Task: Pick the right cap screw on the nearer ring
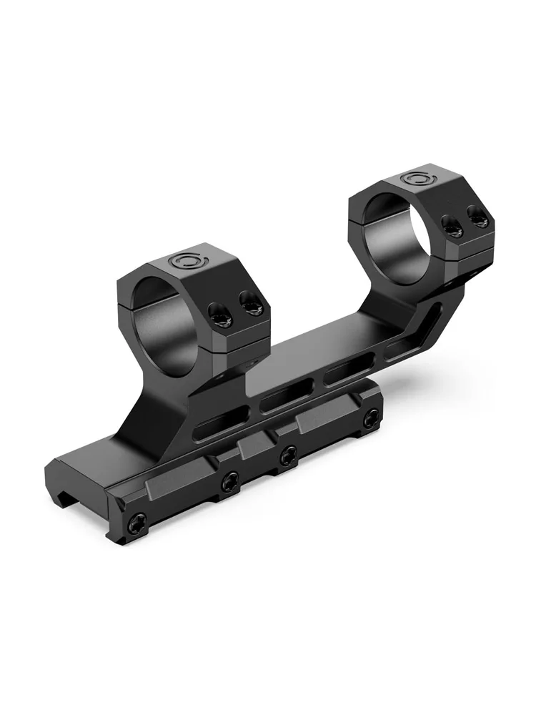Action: (251, 306)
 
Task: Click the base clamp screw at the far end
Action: (370, 420)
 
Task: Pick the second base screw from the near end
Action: (229, 482)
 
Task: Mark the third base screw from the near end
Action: (289, 453)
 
